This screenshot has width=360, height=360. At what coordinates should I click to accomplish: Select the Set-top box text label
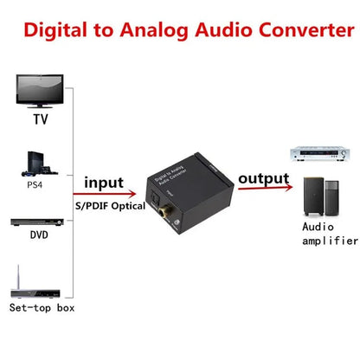(x=41, y=307)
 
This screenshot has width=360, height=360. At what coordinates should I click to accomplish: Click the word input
(x=105, y=183)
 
